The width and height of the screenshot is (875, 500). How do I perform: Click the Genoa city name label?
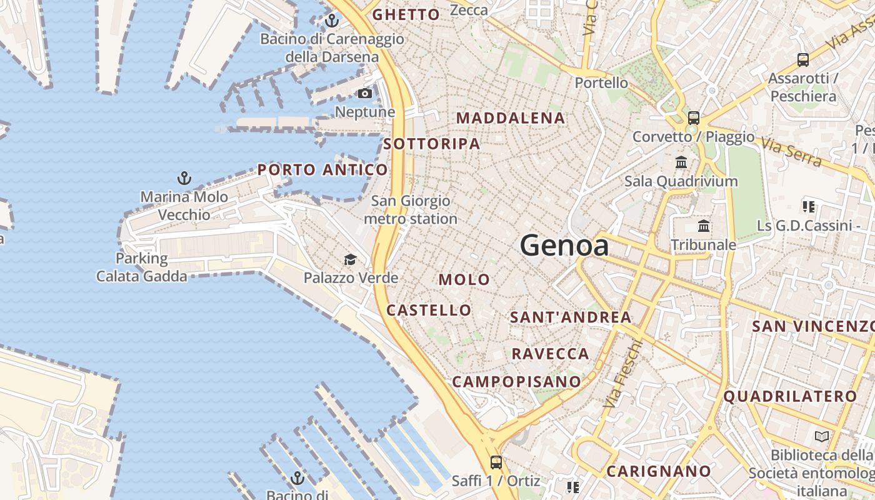coord(564,246)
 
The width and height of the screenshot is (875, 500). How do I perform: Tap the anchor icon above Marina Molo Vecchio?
coord(184,179)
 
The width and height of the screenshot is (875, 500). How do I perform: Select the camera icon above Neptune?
coord(365,94)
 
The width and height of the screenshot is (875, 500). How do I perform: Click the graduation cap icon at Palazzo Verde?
coord(350,259)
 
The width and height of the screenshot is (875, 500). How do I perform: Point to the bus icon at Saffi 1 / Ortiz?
coord(496,462)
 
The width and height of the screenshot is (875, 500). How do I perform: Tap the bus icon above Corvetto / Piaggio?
coord(693,118)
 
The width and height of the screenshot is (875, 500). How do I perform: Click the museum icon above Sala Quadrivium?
coord(681,162)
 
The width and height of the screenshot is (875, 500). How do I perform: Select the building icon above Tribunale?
coord(704,226)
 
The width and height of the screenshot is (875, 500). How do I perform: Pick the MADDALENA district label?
coord(511,118)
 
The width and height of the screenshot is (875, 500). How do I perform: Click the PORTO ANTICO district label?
coord(322,169)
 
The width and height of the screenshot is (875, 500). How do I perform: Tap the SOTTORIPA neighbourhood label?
coord(432,144)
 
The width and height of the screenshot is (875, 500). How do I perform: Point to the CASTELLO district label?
coord(429,310)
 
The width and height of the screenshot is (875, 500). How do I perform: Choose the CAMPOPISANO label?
coord(516,381)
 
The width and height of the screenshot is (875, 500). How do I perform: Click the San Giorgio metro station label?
coord(411,210)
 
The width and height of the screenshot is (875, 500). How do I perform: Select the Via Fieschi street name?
coord(621,374)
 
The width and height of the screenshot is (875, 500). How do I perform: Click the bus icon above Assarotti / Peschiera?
coord(803,60)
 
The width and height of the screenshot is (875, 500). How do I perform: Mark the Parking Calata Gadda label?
coord(142,267)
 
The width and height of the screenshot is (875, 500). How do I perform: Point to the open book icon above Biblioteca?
coord(822,436)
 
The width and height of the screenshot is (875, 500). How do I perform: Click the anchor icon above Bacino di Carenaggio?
coord(332,21)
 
